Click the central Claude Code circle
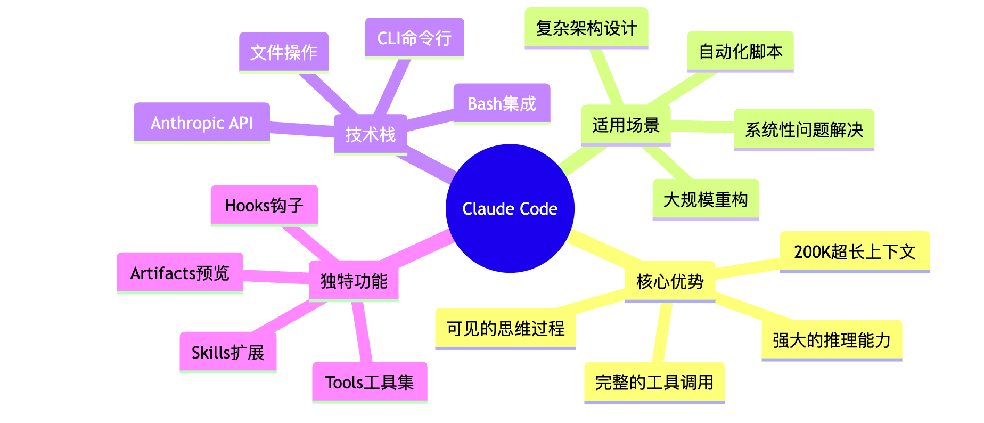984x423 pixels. click(510, 208)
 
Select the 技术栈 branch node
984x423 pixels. click(370, 134)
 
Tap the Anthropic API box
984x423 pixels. click(201, 123)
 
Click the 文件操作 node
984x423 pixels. click(283, 52)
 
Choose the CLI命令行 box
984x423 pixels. click(414, 38)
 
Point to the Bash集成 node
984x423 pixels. click(502, 103)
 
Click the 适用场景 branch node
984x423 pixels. click(626, 125)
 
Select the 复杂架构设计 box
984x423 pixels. click(586, 28)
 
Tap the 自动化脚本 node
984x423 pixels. click(740, 51)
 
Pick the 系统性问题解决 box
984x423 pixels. click(803, 129)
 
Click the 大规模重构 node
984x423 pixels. click(706, 199)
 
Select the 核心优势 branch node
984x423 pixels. click(670, 281)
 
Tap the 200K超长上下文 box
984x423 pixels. click(855, 251)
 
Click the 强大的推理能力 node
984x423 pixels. click(832, 340)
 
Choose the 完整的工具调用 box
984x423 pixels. click(654, 383)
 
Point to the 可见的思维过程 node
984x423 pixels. click(505, 328)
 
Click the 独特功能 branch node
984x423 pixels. click(354, 281)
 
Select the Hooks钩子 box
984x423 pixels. click(264, 205)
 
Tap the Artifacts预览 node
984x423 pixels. click(180, 273)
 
